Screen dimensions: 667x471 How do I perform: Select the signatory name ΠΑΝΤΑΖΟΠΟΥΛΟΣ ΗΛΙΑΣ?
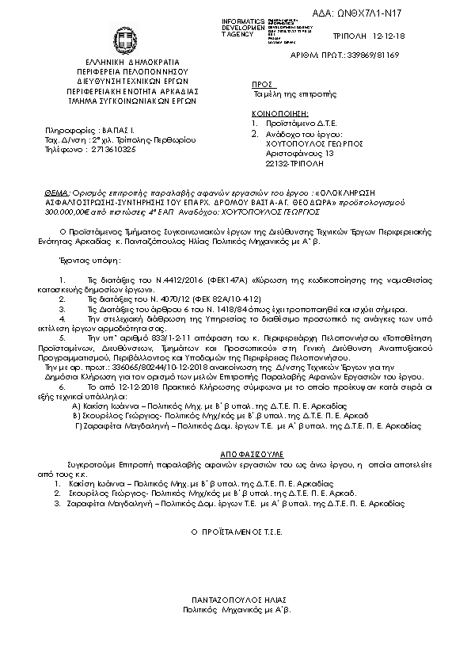coord(237,600)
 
